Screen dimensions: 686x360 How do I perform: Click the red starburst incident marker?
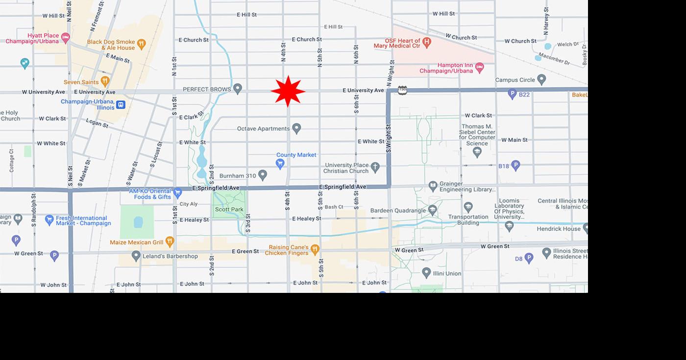pyautogui.click(x=288, y=91)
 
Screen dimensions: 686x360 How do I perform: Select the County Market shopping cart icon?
pyautogui.click(x=280, y=164)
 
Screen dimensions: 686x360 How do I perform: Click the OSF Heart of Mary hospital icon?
pyautogui.click(x=427, y=43)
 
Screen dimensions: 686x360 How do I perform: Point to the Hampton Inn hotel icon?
pyautogui.click(x=479, y=67)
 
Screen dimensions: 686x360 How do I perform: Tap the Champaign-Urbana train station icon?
pyautogui.click(x=121, y=104)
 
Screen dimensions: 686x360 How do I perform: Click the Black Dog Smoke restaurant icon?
pyautogui.click(x=141, y=44)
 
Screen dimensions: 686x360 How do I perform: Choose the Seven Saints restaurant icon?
pyautogui.click(x=104, y=81)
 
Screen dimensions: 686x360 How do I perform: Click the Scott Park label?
pyautogui.click(x=229, y=210)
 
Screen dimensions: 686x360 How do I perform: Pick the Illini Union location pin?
pyautogui.click(x=426, y=272)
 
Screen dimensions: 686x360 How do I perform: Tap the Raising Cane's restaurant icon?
pyautogui.click(x=315, y=249)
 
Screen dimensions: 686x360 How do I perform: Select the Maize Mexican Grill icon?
pyautogui.click(x=170, y=241)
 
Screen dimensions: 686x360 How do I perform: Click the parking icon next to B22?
pyautogui.click(x=512, y=93)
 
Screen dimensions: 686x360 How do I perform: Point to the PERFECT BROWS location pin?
pyautogui.click(x=238, y=89)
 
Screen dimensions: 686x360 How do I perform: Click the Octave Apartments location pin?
pyautogui.click(x=296, y=128)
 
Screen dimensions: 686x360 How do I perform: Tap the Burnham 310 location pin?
pyautogui.click(x=263, y=174)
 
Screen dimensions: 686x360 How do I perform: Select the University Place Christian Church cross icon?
pyautogui.click(x=375, y=167)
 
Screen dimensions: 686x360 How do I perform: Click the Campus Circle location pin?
pyautogui.click(x=541, y=79)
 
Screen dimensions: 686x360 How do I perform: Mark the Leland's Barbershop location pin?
pyautogui.click(x=136, y=256)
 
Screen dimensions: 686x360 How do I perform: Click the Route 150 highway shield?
pyautogui.click(x=402, y=90)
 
